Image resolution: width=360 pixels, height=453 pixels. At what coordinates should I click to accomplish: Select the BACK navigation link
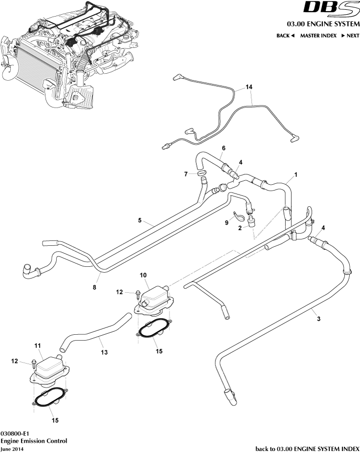pos(285,36)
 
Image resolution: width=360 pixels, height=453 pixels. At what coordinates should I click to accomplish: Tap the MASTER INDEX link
pos(318,36)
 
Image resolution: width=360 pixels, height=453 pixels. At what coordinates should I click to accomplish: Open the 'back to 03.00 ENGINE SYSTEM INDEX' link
pos(307,448)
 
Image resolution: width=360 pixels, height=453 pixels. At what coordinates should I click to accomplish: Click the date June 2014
pos(12,448)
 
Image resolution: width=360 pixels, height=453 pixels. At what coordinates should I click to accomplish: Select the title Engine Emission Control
pos(34,441)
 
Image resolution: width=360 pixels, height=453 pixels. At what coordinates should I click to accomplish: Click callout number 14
pos(249,87)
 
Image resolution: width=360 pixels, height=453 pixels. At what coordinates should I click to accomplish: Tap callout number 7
pos(186,174)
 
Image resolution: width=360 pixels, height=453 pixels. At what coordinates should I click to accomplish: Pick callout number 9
pos(226,222)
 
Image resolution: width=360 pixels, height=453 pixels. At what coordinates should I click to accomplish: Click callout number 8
pos(95,288)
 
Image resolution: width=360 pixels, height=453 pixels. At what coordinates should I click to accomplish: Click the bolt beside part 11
pos(34,362)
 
